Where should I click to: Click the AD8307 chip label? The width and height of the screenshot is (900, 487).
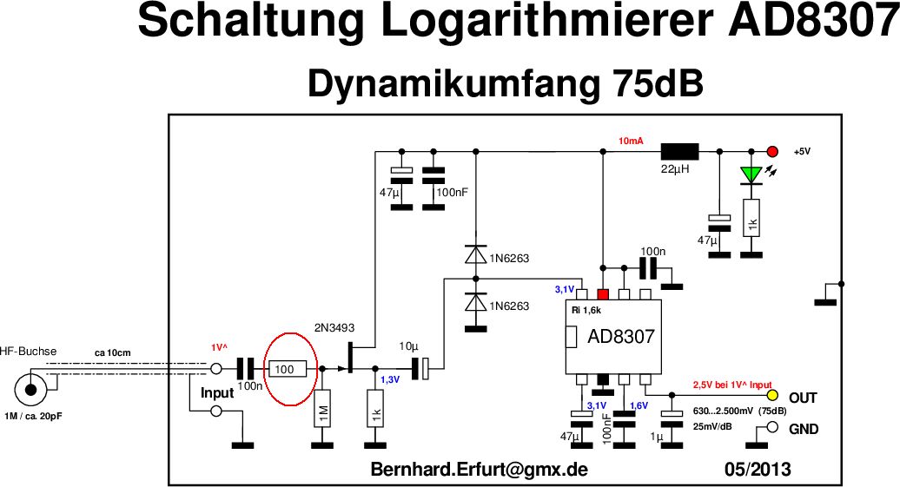click(621, 336)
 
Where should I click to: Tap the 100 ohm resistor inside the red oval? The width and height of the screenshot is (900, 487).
click(287, 369)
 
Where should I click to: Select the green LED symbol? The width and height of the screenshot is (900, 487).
click(751, 174)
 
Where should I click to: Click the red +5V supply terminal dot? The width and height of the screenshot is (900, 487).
click(771, 151)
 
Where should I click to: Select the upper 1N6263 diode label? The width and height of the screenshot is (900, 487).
click(509, 259)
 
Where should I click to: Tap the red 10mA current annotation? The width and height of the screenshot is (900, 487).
click(631, 141)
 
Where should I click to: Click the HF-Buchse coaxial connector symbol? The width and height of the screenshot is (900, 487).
click(32, 390)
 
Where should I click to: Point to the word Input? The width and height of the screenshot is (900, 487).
click(217, 393)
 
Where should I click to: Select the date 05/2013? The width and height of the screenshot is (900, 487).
click(758, 470)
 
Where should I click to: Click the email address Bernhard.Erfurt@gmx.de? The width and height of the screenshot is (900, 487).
click(480, 470)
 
